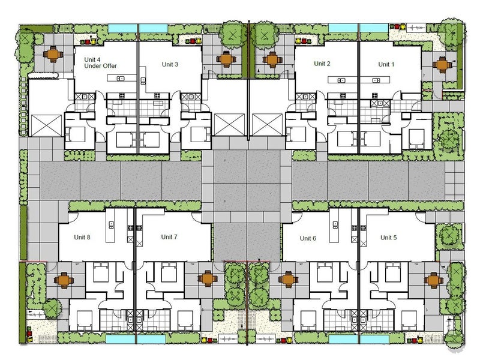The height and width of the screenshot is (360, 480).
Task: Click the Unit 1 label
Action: (386, 64)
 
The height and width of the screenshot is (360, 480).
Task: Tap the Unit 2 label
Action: (322, 64)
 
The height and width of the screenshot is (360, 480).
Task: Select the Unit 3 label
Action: (170, 64)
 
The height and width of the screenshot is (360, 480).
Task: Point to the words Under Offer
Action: (100, 66)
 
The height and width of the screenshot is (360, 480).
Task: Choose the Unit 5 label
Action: (388, 238)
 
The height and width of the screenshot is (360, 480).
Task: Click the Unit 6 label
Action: (308, 238)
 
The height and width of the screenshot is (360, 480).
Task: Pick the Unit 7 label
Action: (169, 237)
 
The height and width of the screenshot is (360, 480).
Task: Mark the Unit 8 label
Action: (82, 237)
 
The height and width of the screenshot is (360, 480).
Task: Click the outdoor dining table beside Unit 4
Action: (53, 55)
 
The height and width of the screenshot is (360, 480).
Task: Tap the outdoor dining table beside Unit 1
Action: (442, 65)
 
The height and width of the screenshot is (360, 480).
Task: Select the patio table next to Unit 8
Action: (64, 280)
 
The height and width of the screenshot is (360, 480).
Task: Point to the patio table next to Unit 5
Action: (433, 280)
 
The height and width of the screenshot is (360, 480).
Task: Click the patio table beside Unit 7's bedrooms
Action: (208, 279)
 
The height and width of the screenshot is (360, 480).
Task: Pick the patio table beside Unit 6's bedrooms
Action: (288, 280)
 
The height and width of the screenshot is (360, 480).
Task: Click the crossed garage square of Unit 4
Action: (46, 125)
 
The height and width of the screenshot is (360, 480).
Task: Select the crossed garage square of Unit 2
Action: (267, 125)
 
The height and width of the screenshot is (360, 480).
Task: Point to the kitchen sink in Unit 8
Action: (111, 224)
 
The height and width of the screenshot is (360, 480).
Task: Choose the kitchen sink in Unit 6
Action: (335, 224)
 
